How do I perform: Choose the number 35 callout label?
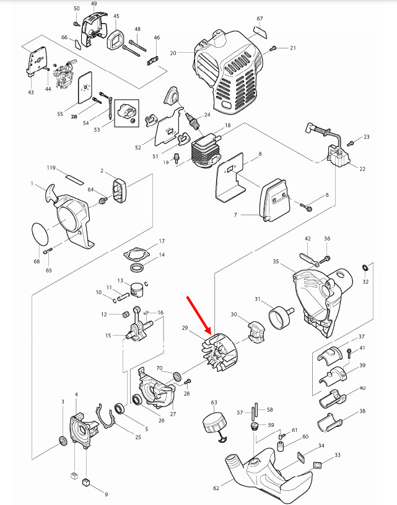(276, 262)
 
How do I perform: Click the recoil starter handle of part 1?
(49, 197)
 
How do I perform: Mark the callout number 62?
(216, 488)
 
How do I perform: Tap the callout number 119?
(51, 168)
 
